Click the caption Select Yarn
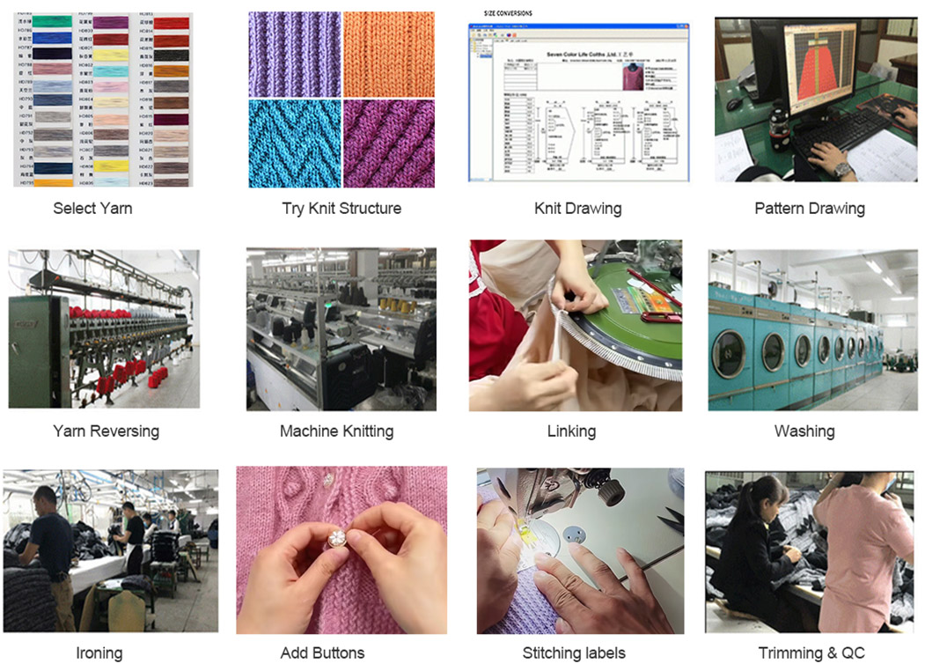[92, 209]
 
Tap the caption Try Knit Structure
[341, 209]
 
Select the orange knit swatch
[388, 53]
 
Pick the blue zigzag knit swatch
[294, 143]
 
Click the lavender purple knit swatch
[294, 53]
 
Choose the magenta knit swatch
[388, 143]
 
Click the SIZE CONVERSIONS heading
[508, 14]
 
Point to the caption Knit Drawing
[577, 209]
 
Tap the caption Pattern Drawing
[809, 209]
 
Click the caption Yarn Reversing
[106, 431]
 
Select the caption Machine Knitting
[336, 431]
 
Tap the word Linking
[571, 431]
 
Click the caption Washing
[804, 431]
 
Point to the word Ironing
[99, 653]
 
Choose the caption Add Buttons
[322, 653]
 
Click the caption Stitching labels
[574, 653]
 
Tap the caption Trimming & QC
[811, 653]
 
